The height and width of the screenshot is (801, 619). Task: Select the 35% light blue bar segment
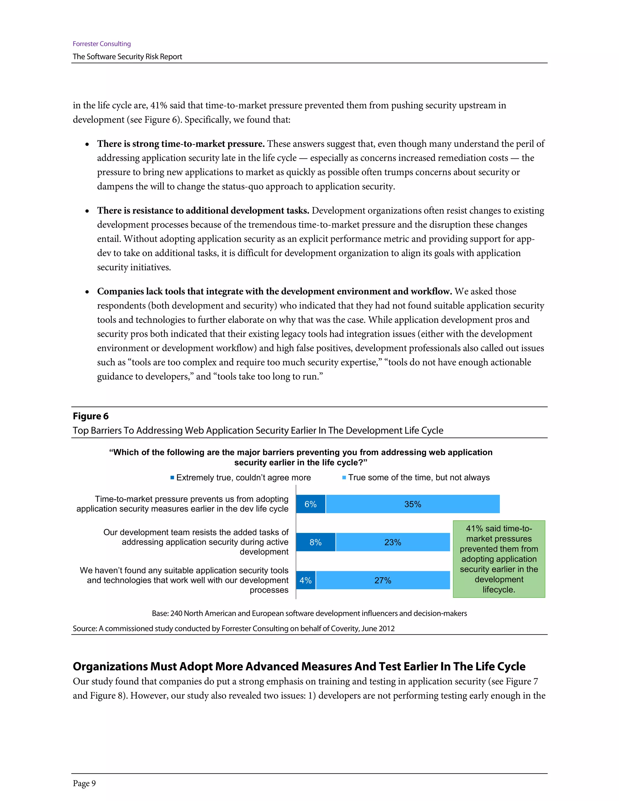tap(413, 504)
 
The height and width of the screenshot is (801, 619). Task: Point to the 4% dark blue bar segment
tap(306, 580)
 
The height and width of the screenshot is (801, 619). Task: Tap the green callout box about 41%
tap(499, 559)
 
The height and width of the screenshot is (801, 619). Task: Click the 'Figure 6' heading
tap(91, 416)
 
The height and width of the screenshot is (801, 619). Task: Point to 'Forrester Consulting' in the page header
tap(102, 44)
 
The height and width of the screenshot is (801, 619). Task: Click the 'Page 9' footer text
tap(84, 783)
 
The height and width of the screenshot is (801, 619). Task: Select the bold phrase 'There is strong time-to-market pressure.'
tap(180, 144)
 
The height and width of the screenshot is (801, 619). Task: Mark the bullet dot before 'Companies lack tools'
tap(87, 292)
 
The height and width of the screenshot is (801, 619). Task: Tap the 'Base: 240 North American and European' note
tap(309, 613)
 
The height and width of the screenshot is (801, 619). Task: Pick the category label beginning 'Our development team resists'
tap(196, 542)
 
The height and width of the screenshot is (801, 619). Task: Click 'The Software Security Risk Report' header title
tap(127, 57)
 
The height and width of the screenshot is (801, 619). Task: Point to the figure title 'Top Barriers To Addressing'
tap(258, 430)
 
